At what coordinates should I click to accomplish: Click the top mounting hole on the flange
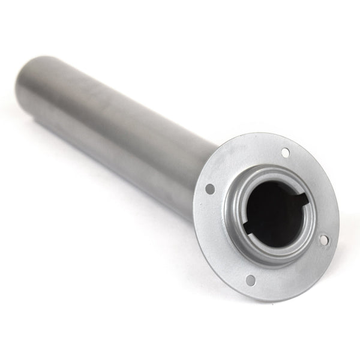(x=285, y=152)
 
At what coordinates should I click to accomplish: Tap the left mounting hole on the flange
(x=210, y=188)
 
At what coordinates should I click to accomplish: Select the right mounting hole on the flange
(x=324, y=240)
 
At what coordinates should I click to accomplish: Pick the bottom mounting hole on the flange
(x=250, y=280)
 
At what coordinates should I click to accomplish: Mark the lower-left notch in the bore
(x=247, y=228)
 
